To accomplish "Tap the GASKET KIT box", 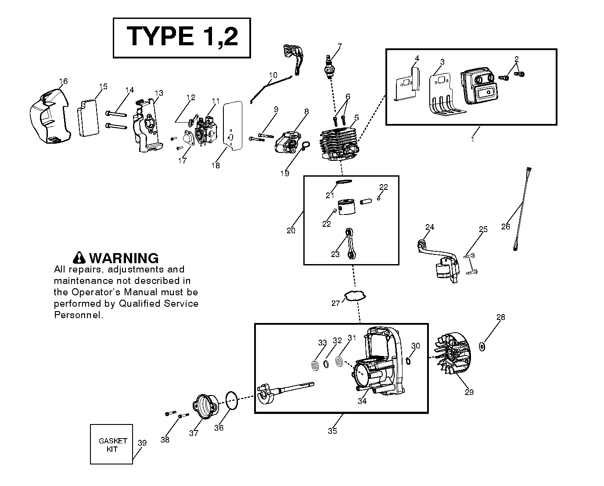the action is (x=111, y=444).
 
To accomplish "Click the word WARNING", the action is (x=124, y=258).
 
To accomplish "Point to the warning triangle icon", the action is (x=79, y=258).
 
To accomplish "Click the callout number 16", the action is (x=64, y=81).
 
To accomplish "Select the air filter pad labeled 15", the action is (x=88, y=118).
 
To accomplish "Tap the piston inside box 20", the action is (x=346, y=207).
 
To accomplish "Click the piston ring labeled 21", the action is (x=344, y=182).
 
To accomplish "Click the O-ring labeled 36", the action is (x=232, y=401).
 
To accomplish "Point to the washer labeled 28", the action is (x=482, y=347).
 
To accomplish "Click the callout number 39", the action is (x=142, y=443).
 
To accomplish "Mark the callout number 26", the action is (x=506, y=226).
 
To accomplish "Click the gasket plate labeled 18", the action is (x=233, y=126).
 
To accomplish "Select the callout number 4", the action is (x=417, y=58).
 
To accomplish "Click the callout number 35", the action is (x=332, y=431).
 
